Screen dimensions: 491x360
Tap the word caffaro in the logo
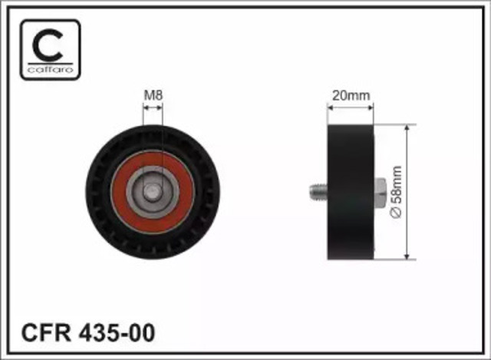pyautogui.click(x=50, y=70)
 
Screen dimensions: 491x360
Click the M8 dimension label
pyautogui.click(x=153, y=95)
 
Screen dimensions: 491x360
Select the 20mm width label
pyautogui.click(x=351, y=95)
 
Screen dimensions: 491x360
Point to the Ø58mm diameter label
pyautogui.click(x=396, y=191)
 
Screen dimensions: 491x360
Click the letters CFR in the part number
pyautogui.click(x=46, y=332)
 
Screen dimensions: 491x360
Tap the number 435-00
pyautogui.click(x=117, y=332)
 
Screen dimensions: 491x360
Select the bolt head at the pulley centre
pyautogui.click(x=153, y=192)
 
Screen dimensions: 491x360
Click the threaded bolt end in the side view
pyautogui.click(x=318, y=192)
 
